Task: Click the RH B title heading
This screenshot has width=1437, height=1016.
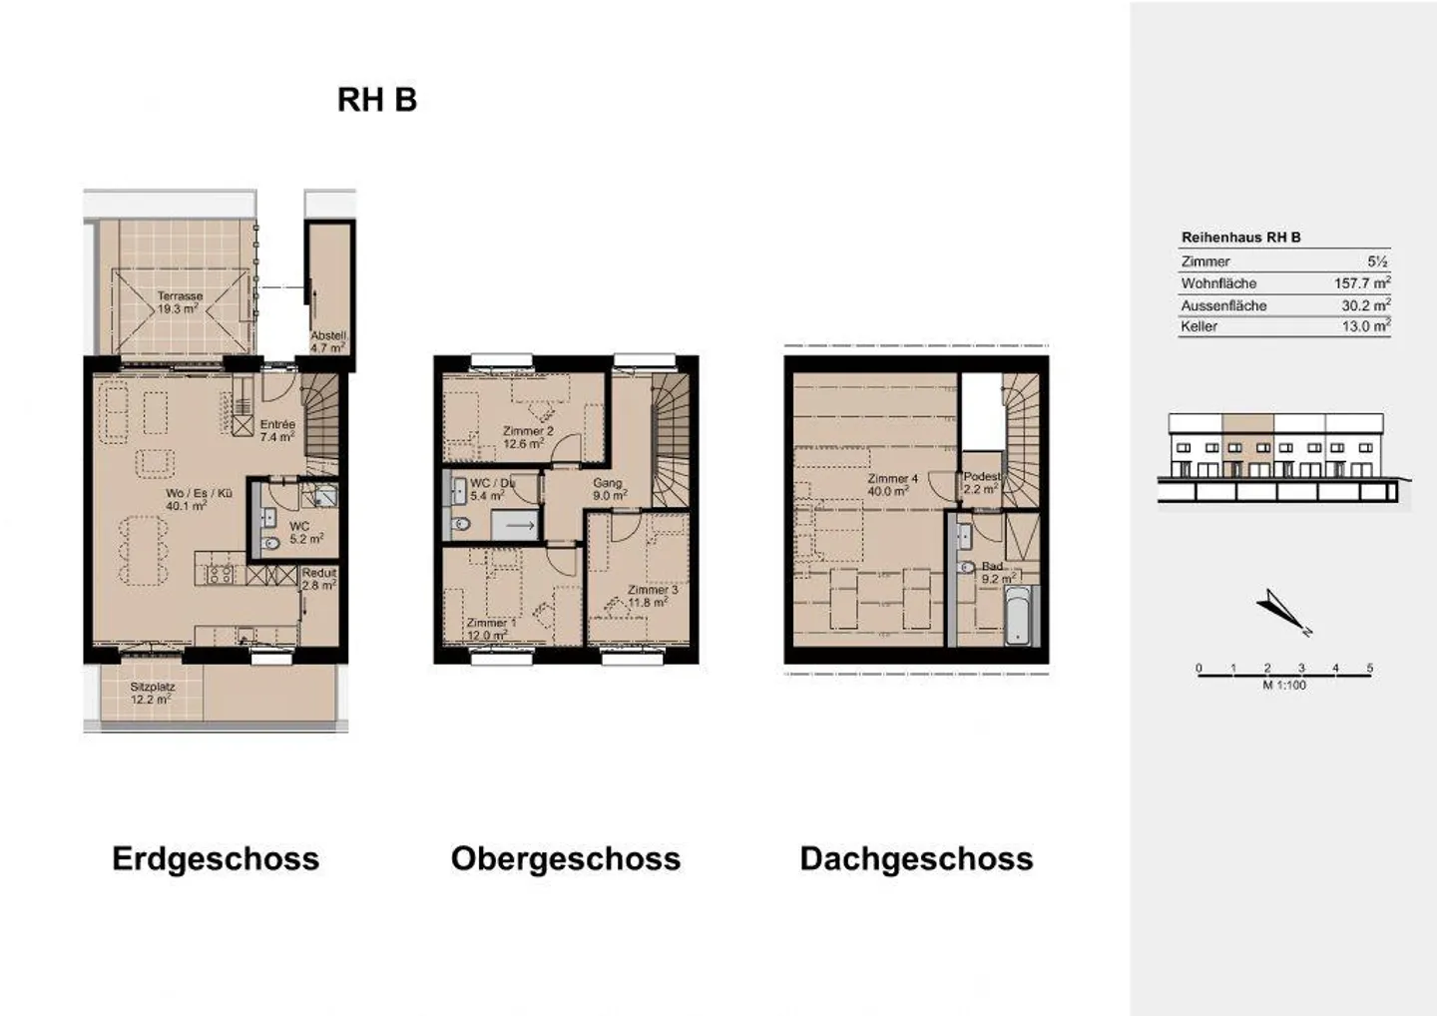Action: tap(376, 100)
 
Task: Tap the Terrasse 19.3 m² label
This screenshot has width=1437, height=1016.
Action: tap(180, 302)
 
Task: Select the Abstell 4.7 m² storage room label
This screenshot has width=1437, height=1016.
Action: tap(327, 342)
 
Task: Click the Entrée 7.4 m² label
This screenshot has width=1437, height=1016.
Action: tap(277, 430)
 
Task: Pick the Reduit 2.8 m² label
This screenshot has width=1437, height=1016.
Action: tap(319, 579)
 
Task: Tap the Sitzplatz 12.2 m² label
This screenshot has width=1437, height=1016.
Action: tap(152, 693)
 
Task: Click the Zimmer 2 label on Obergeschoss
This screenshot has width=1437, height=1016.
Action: tap(527, 437)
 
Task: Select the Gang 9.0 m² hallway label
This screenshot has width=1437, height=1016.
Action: tap(608, 489)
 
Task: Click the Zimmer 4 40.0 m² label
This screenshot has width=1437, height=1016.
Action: tap(891, 485)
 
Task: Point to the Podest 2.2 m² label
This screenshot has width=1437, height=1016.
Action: tap(981, 483)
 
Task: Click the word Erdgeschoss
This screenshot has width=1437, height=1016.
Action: tap(216, 858)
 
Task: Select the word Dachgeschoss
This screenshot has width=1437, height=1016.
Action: tap(916, 858)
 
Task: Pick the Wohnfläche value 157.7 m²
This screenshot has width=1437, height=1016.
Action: tap(1361, 283)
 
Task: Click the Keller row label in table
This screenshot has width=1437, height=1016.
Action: tap(1198, 326)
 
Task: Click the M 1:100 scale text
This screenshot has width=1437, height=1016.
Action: tap(1283, 686)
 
